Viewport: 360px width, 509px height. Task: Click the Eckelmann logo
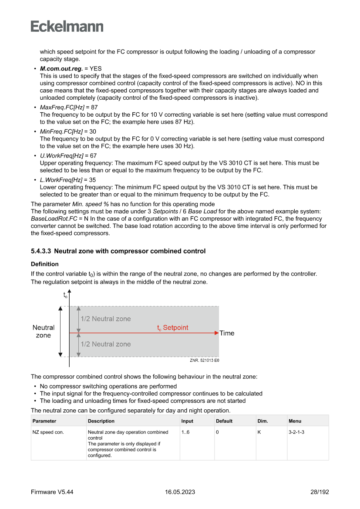(67, 27)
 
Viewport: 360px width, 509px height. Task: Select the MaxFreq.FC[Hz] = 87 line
(68, 107)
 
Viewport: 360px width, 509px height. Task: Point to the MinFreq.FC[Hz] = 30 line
(67, 131)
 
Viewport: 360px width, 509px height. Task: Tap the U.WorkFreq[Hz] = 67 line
(68, 155)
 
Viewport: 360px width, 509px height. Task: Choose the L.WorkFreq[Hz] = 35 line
(67, 179)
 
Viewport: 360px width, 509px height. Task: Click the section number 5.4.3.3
(41, 251)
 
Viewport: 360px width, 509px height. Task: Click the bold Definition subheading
(44, 264)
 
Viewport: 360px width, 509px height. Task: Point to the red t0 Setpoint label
(173, 327)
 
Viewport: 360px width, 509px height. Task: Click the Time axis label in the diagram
(227, 333)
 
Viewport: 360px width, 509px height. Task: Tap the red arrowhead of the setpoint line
(216, 333)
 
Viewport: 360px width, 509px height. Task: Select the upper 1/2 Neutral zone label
(105, 319)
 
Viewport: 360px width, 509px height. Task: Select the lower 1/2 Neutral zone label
(105, 344)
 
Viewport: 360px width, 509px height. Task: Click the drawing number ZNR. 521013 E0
(204, 361)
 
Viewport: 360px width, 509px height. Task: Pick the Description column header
(101, 421)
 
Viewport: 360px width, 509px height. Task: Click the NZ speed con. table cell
(48, 432)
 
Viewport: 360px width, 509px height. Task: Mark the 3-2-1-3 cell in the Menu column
(296, 432)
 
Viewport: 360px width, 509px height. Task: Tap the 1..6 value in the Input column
(186, 432)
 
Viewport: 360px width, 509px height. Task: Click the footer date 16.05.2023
(180, 492)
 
